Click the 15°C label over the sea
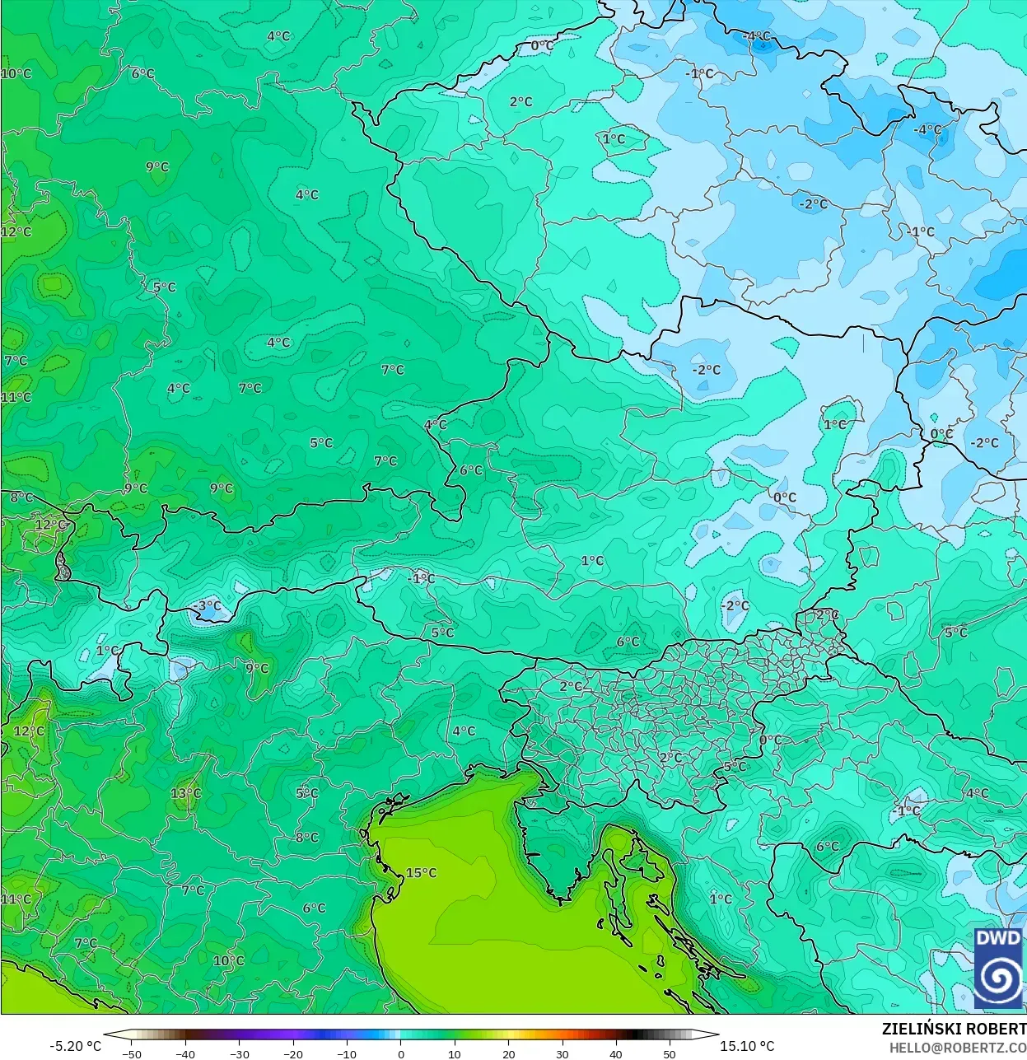pos(421,873)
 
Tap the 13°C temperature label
pos(185,793)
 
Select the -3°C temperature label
pos(207,605)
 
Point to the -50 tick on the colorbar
pos(131,1053)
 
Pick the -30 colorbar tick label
pos(239,1053)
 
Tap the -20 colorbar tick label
pos(292,1053)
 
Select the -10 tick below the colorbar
pos(347,1053)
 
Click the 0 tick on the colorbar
pos(401,1053)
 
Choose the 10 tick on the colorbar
pos(455,1053)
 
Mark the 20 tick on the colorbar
pos(508,1053)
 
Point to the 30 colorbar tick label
pos(562,1053)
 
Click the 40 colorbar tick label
pos(616,1053)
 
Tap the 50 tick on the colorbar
pos(670,1053)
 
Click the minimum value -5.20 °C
pos(76,1046)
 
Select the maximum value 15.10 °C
pos(747,1046)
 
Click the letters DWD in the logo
pos(998,939)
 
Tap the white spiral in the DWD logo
pos(998,978)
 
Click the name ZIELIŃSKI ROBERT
pos(954,1029)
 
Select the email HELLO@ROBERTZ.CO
pos(957,1048)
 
